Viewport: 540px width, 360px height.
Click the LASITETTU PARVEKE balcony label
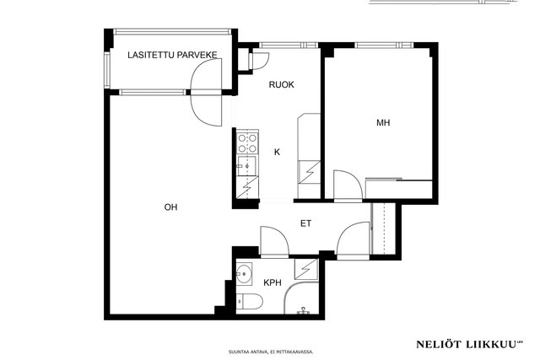click(172, 55)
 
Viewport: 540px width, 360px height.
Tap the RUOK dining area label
click(281, 84)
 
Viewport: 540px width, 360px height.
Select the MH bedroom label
click(383, 123)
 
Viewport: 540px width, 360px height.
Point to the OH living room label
click(170, 207)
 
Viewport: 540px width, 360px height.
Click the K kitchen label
click(277, 152)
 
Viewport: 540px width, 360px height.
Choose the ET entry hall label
click(305, 223)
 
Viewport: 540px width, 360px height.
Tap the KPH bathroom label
click(273, 283)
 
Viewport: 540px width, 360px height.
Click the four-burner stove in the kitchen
click(247, 142)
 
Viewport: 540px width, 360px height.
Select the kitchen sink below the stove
click(246, 165)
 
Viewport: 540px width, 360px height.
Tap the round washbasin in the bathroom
click(244, 274)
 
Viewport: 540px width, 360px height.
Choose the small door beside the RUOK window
click(261, 61)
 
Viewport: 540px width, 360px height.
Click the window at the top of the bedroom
click(384, 45)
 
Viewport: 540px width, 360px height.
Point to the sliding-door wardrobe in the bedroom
click(399, 189)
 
